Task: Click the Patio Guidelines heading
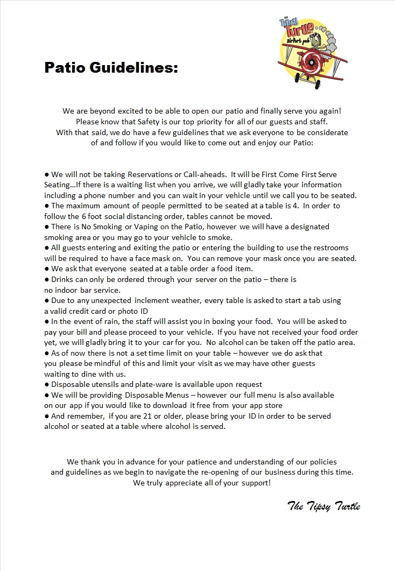(111, 68)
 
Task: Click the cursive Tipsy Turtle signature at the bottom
(323, 506)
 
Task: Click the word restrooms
(329, 248)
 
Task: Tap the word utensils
(107, 384)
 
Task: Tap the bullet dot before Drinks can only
(47, 279)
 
